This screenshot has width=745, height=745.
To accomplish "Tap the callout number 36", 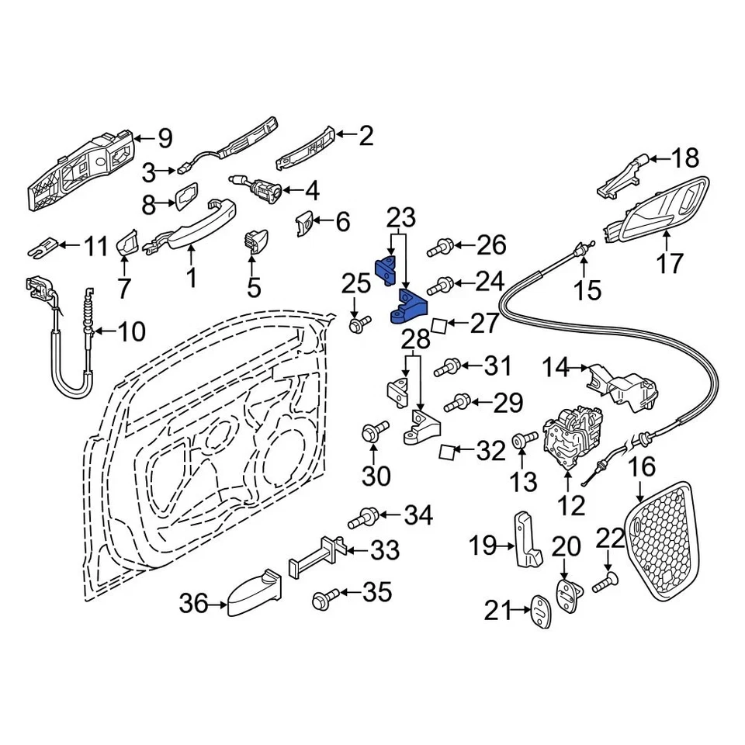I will (x=195, y=602).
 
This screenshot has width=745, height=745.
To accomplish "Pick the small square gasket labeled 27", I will (x=438, y=324).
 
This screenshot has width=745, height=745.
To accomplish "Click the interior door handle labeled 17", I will (x=660, y=210).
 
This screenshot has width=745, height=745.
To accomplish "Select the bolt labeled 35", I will (x=324, y=598).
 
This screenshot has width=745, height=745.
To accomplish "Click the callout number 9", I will (x=164, y=139).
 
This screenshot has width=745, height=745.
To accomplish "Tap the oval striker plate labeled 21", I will (x=540, y=611).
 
